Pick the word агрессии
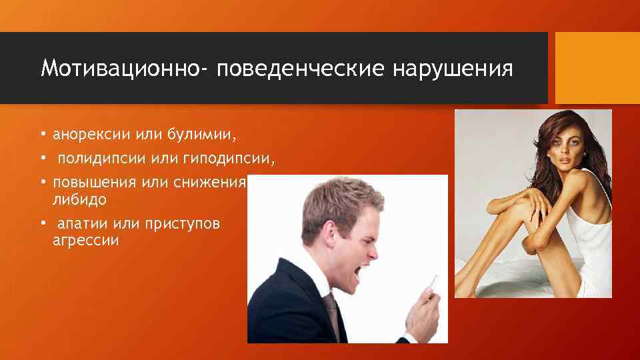click(85, 241)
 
